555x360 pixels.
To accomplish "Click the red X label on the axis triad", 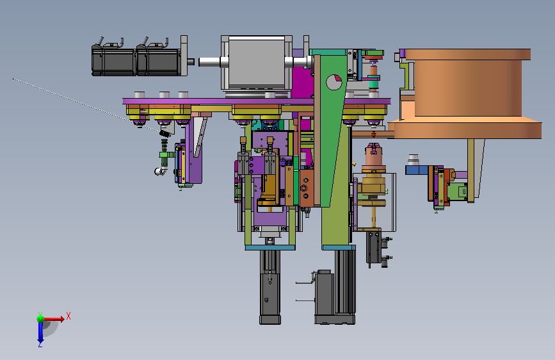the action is tap(68, 316).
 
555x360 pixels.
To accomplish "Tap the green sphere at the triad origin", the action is tap(41, 319).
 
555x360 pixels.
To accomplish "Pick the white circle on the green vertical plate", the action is tap(334, 82).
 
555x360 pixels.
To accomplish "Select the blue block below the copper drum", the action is tap(417, 170).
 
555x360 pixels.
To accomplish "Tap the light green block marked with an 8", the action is tap(457, 192).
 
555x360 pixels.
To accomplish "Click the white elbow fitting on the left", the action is tap(161, 172).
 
